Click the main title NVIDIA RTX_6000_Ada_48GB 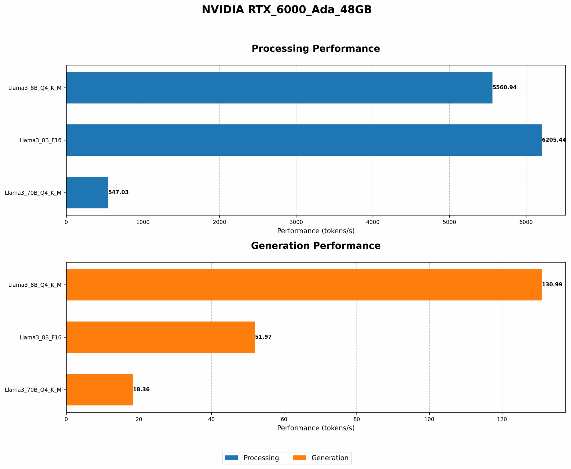click(x=287, y=10)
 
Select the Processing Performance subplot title click(x=315, y=49)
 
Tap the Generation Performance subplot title click(x=315, y=246)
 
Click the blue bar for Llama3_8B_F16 click(x=304, y=140)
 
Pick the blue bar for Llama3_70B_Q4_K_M click(x=87, y=193)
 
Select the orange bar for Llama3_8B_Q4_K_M click(x=304, y=285)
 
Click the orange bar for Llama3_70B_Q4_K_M click(x=99, y=390)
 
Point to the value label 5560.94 click(x=504, y=87)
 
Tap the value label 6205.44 click(x=554, y=140)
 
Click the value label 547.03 click(x=118, y=192)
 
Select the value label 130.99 click(x=552, y=285)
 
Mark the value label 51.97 click(x=263, y=337)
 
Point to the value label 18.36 click(x=141, y=390)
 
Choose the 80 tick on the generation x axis click(x=357, y=419)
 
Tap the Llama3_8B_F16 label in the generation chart click(x=40, y=337)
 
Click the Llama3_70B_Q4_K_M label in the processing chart click(x=33, y=193)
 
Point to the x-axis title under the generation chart click(x=315, y=428)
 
